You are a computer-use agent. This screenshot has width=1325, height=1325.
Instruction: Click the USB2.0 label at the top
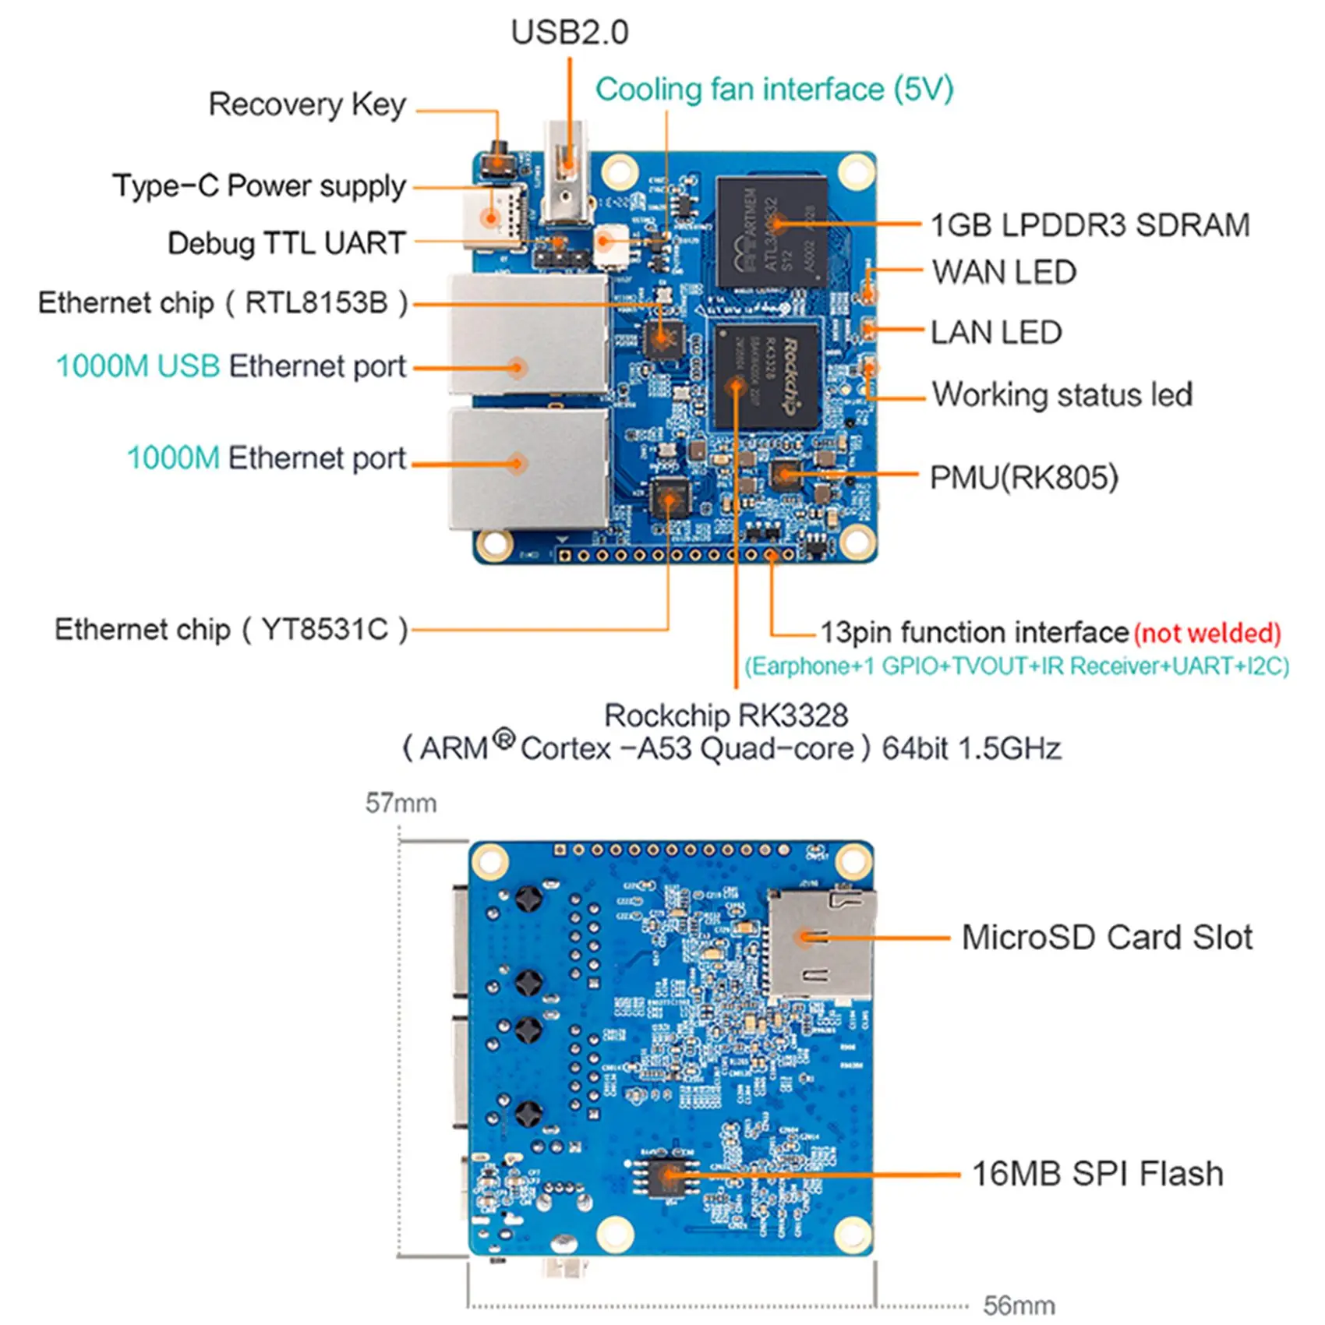(x=569, y=33)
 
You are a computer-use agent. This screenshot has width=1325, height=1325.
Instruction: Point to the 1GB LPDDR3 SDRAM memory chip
(x=771, y=231)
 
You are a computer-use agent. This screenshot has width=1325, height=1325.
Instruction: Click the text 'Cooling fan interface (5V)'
(x=774, y=90)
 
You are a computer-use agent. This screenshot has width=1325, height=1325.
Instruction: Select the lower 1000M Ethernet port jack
(x=528, y=468)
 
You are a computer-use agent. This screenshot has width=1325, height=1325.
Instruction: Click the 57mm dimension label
(x=401, y=803)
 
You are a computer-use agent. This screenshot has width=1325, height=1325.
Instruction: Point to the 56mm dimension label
(x=1019, y=1305)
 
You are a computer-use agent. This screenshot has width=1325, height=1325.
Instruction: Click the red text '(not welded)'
(x=1207, y=633)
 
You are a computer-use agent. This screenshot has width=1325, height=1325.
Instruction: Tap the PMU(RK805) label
(x=1023, y=477)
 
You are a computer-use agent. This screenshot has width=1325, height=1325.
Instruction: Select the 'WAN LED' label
(x=1004, y=273)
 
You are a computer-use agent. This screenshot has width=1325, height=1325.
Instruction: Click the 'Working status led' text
(x=1062, y=394)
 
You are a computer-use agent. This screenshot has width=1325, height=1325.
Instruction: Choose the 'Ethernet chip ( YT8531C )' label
(x=231, y=629)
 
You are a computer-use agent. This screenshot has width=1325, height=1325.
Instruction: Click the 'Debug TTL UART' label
(x=286, y=243)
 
